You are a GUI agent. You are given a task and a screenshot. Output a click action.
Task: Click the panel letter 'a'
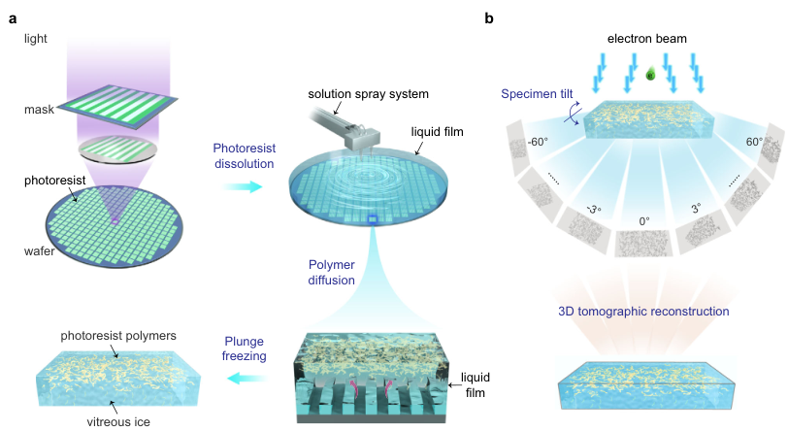[x=13, y=19]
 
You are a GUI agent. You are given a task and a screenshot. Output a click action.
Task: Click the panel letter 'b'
[x=489, y=18]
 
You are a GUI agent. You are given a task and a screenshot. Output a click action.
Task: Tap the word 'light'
[x=36, y=39]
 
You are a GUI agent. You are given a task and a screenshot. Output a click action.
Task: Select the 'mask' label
[x=39, y=109]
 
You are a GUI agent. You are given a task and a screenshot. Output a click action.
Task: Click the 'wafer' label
[x=39, y=251]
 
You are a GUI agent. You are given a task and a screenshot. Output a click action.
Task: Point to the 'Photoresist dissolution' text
[x=245, y=156]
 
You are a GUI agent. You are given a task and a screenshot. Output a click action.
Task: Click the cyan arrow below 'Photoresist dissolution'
[x=243, y=187]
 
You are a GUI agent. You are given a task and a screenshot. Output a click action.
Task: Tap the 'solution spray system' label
[x=369, y=94]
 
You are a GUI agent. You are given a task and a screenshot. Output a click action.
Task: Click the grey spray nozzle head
[x=362, y=137]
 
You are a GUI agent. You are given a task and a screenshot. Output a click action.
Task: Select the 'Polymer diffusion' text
[x=332, y=272]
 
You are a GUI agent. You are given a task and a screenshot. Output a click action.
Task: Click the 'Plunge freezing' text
[x=245, y=348]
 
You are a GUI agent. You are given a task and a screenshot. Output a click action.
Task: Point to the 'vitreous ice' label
[x=118, y=421]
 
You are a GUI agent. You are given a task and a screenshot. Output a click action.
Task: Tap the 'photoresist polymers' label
[x=118, y=336]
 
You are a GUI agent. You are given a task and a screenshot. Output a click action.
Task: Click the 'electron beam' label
[x=646, y=39]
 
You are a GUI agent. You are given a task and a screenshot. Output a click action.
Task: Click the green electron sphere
[x=650, y=75]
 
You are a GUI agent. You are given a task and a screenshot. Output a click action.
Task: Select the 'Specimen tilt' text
[x=537, y=94]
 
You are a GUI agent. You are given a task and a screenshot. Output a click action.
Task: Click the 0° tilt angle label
[x=644, y=221]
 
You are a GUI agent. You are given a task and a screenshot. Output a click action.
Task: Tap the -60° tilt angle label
[x=538, y=143]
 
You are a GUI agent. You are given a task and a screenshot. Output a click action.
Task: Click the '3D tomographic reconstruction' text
[x=643, y=312]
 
